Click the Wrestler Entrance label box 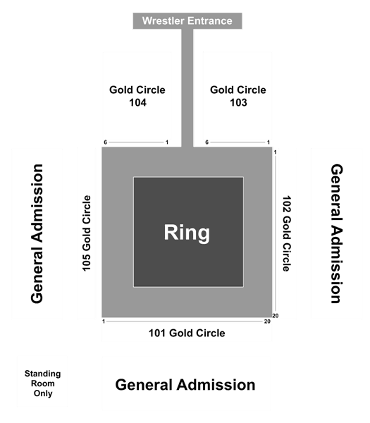(187, 20)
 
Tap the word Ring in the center (187, 233)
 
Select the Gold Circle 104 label (137, 96)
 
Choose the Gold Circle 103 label (238, 96)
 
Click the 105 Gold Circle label (87, 233)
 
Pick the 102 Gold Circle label (287, 233)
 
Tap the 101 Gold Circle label (187, 333)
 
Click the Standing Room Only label (42, 384)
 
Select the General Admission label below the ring (185, 385)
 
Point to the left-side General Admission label (37, 233)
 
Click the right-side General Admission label (337, 233)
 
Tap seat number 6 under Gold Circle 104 (106, 142)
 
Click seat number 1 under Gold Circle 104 (167, 142)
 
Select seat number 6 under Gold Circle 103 (206, 142)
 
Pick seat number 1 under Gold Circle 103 (269, 142)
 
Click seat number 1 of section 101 (104, 321)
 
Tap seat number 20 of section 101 (267, 321)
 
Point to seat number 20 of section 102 (276, 316)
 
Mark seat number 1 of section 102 (276, 152)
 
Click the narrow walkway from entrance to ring (187, 88)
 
